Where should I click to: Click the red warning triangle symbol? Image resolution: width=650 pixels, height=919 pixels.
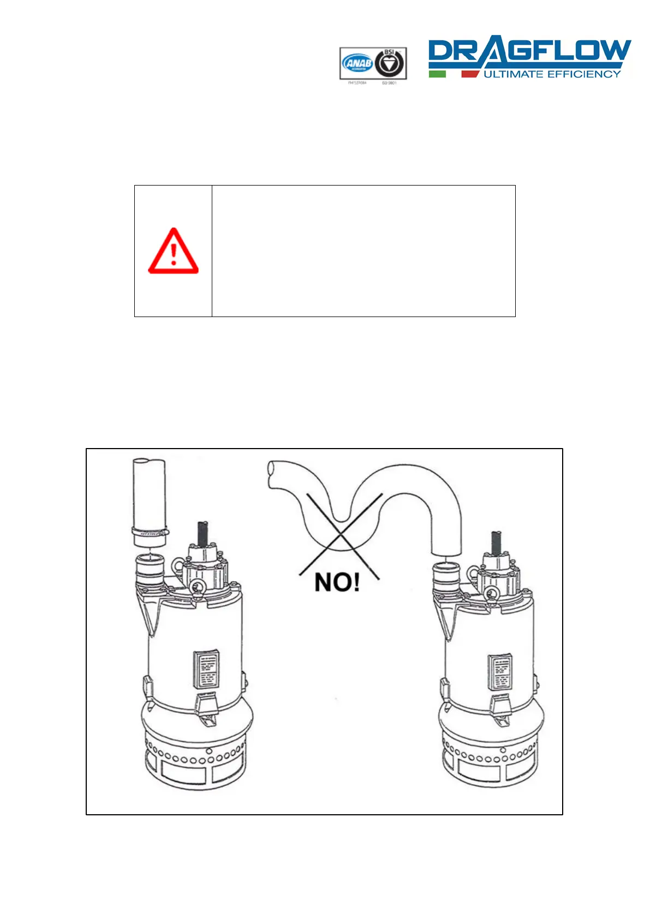[173, 252]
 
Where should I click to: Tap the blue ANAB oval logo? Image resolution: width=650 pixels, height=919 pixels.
[357, 64]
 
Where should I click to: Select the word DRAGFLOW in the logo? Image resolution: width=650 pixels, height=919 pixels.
[529, 52]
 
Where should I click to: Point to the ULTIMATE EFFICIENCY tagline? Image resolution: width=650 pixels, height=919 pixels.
[552, 74]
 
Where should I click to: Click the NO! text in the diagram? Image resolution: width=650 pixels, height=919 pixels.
[337, 582]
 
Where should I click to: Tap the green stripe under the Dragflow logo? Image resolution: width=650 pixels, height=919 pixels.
[437, 74]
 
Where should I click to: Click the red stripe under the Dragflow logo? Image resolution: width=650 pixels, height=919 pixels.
[469, 74]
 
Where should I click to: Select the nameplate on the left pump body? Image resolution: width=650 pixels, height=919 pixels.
[207, 669]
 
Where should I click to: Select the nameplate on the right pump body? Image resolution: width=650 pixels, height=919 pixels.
[499, 671]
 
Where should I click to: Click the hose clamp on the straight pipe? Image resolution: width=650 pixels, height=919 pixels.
[150, 530]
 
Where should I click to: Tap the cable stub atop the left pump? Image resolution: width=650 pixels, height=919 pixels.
[203, 533]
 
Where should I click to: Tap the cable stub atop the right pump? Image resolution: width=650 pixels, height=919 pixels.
[496, 541]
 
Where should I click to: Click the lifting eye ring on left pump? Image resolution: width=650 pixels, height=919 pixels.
[196, 586]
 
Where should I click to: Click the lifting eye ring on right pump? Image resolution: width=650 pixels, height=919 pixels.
[491, 593]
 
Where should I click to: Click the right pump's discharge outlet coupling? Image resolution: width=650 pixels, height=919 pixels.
[446, 575]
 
